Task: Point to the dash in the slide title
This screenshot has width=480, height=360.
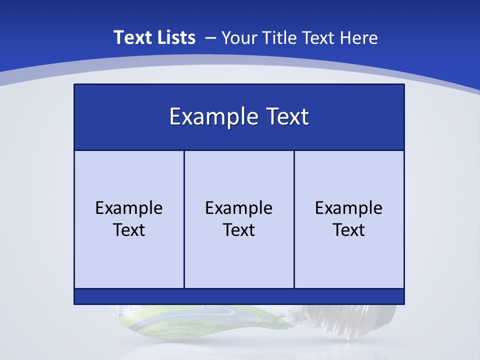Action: click(x=210, y=37)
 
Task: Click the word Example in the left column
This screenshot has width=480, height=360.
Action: click(x=129, y=208)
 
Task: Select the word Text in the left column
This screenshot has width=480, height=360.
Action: click(x=129, y=230)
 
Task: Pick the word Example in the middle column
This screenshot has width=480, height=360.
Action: click(x=239, y=208)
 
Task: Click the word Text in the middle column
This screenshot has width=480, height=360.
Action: click(x=239, y=230)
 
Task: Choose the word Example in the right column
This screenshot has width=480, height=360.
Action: click(x=349, y=208)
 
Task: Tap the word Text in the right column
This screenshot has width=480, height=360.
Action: click(x=349, y=230)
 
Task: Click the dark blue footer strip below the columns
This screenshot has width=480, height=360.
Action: click(x=239, y=296)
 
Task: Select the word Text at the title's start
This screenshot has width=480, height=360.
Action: click(x=131, y=37)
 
